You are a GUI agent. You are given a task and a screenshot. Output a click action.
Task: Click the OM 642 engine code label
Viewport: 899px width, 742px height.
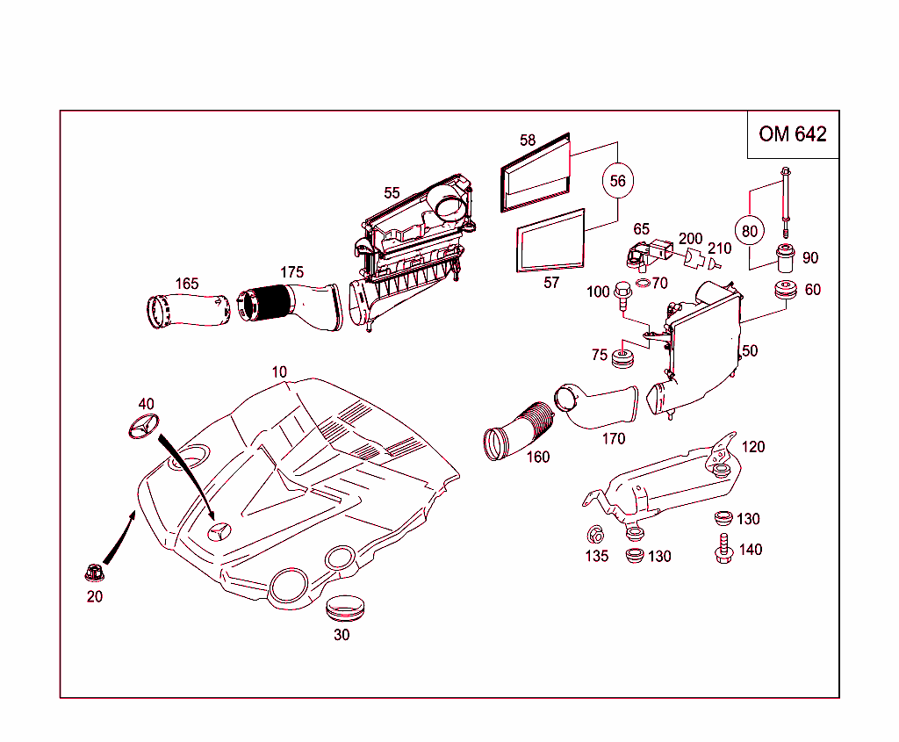(793, 134)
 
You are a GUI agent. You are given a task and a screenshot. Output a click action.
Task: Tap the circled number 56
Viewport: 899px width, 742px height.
(618, 181)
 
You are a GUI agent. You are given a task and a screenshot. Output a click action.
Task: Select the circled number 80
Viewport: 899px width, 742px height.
(749, 231)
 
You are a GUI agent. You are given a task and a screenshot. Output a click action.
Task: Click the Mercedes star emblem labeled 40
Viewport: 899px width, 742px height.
(144, 429)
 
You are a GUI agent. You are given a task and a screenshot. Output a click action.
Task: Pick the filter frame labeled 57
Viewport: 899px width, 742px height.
(551, 240)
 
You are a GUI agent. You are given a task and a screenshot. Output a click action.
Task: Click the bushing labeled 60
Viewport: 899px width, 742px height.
(784, 291)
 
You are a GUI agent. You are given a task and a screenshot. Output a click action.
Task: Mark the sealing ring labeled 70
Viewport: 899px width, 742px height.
(643, 283)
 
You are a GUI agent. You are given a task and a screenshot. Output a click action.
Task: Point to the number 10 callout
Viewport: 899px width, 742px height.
(279, 371)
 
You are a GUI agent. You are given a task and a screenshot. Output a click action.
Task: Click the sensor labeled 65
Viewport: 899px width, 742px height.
(640, 254)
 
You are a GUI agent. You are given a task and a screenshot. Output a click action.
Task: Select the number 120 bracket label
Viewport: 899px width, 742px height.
(753, 446)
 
